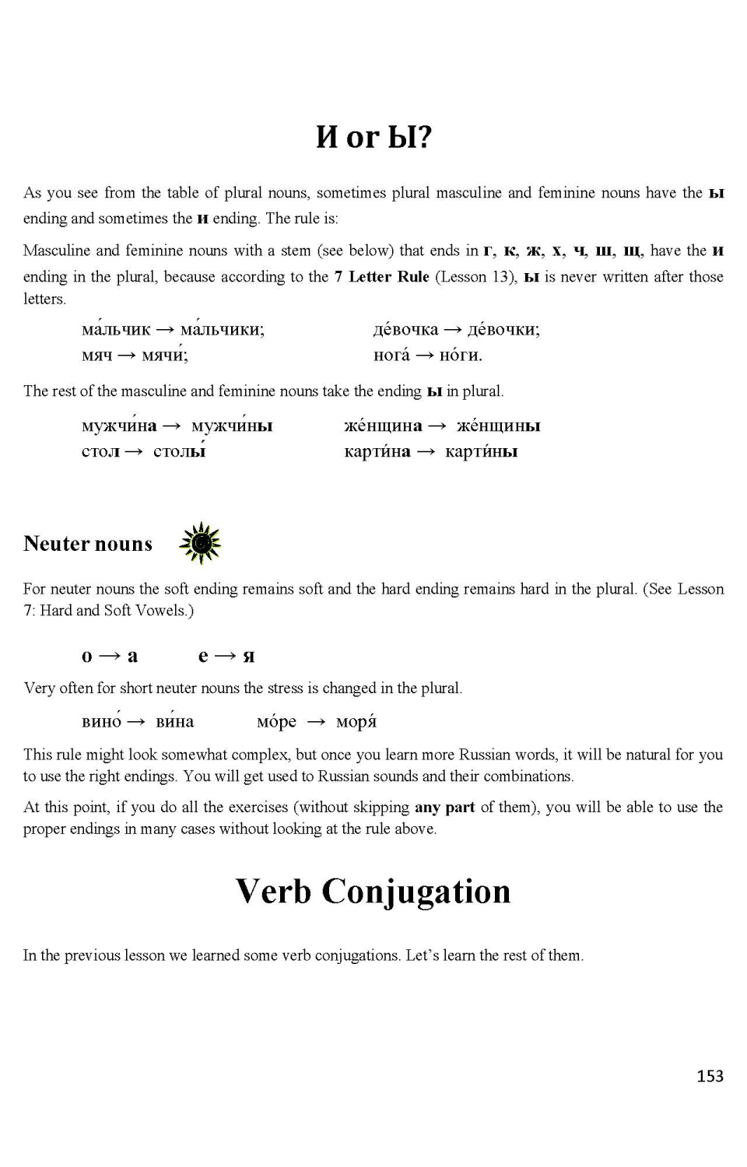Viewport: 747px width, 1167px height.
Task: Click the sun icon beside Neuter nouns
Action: [x=200, y=543]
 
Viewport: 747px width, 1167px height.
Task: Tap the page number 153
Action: [x=710, y=1076]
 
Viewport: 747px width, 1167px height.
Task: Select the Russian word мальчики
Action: [x=222, y=329]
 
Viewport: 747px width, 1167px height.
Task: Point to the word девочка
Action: [x=405, y=329]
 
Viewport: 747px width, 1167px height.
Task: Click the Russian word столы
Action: [x=180, y=451]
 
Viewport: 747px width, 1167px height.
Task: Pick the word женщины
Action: [x=498, y=426]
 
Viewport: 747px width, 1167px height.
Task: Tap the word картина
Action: [x=377, y=451]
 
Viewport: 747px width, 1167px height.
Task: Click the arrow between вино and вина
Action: [x=136, y=722]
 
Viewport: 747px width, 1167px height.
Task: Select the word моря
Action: [x=356, y=722]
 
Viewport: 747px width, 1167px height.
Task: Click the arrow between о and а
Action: [x=110, y=656]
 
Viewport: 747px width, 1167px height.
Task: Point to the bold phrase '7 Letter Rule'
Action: [x=381, y=277]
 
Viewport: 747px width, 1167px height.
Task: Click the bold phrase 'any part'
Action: [x=444, y=807]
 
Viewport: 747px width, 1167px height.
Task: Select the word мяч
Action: [x=96, y=356]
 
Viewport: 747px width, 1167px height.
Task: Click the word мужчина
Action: [x=119, y=426]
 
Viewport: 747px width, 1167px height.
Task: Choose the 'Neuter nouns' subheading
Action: [x=88, y=543]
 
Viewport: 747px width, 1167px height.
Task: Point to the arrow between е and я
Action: [x=226, y=656]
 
